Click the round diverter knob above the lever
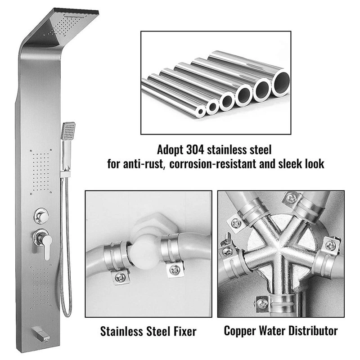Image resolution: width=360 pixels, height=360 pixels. [x=41, y=216]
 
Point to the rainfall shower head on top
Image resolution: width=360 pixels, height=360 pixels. [x=69, y=25]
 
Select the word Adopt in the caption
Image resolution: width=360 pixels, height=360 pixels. [x=170, y=150]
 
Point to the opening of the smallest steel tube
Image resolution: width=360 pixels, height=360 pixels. [x=201, y=112]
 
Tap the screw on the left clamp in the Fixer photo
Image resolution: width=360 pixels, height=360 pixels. [x=120, y=277]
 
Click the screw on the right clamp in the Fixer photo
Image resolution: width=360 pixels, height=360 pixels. [x=175, y=270]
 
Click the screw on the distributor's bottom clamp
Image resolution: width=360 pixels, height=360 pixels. [x=262, y=303]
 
